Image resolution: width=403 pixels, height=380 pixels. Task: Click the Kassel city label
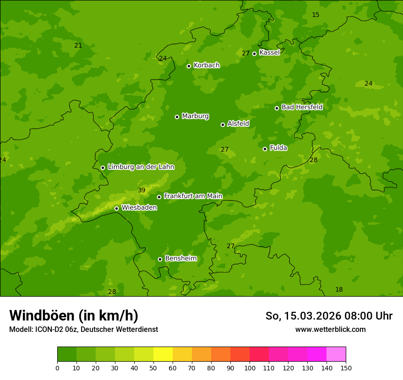tap(269, 53)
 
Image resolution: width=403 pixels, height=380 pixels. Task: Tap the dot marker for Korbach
tap(189, 66)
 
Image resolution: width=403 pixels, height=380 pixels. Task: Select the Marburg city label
tap(195, 116)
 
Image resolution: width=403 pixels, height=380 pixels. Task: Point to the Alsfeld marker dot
tap(223, 125)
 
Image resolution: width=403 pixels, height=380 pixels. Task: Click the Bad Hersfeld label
tap(302, 107)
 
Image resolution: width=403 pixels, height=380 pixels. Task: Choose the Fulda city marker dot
tap(265, 149)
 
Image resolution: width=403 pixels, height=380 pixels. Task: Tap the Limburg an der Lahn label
tap(141, 167)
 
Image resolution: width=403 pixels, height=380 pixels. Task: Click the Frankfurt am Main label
tap(193, 196)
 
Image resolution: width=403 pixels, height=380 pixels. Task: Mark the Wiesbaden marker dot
tap(116, 208)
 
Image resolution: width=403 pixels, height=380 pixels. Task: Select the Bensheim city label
tap(180, 259)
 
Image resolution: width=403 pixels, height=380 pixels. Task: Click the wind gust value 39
tap(142, 190)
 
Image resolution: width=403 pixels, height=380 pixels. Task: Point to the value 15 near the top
tap(316, 15)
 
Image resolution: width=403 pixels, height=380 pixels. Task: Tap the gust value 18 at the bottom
tap(339, 290)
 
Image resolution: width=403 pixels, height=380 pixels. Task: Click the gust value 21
tap(78, 45)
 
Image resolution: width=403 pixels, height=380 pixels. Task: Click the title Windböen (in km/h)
tap(74, 315)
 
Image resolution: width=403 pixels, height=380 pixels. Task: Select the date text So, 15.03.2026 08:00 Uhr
tap(329, 316)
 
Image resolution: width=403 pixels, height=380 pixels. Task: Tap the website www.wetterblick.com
tap(330, 330)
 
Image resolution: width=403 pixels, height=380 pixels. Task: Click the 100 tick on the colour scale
tap(250, 368)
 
